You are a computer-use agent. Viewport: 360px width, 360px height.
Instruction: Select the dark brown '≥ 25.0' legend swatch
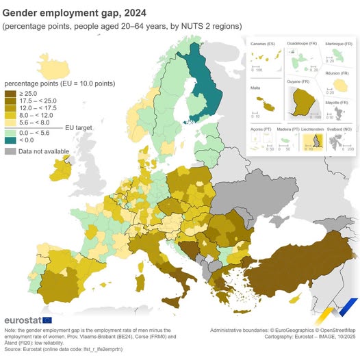pyautogui.click(x=10, y=92)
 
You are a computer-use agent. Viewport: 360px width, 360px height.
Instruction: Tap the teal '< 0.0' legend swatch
pyautogui.click(x=10, y=140)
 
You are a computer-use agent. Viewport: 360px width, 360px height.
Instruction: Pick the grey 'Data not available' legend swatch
pyautogui.click(x=10, y=151)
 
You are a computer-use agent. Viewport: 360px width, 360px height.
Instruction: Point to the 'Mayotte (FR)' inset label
pyautogui.click(x=339, y=101)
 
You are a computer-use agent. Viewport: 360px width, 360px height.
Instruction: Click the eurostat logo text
pyautogui.click(x=22, y=320)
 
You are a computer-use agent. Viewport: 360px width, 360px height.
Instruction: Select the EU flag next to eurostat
pyautogui.click(x=47, y=320)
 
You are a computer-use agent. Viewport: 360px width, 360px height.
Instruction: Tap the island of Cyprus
pyautogui.click(x=296, y=299)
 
